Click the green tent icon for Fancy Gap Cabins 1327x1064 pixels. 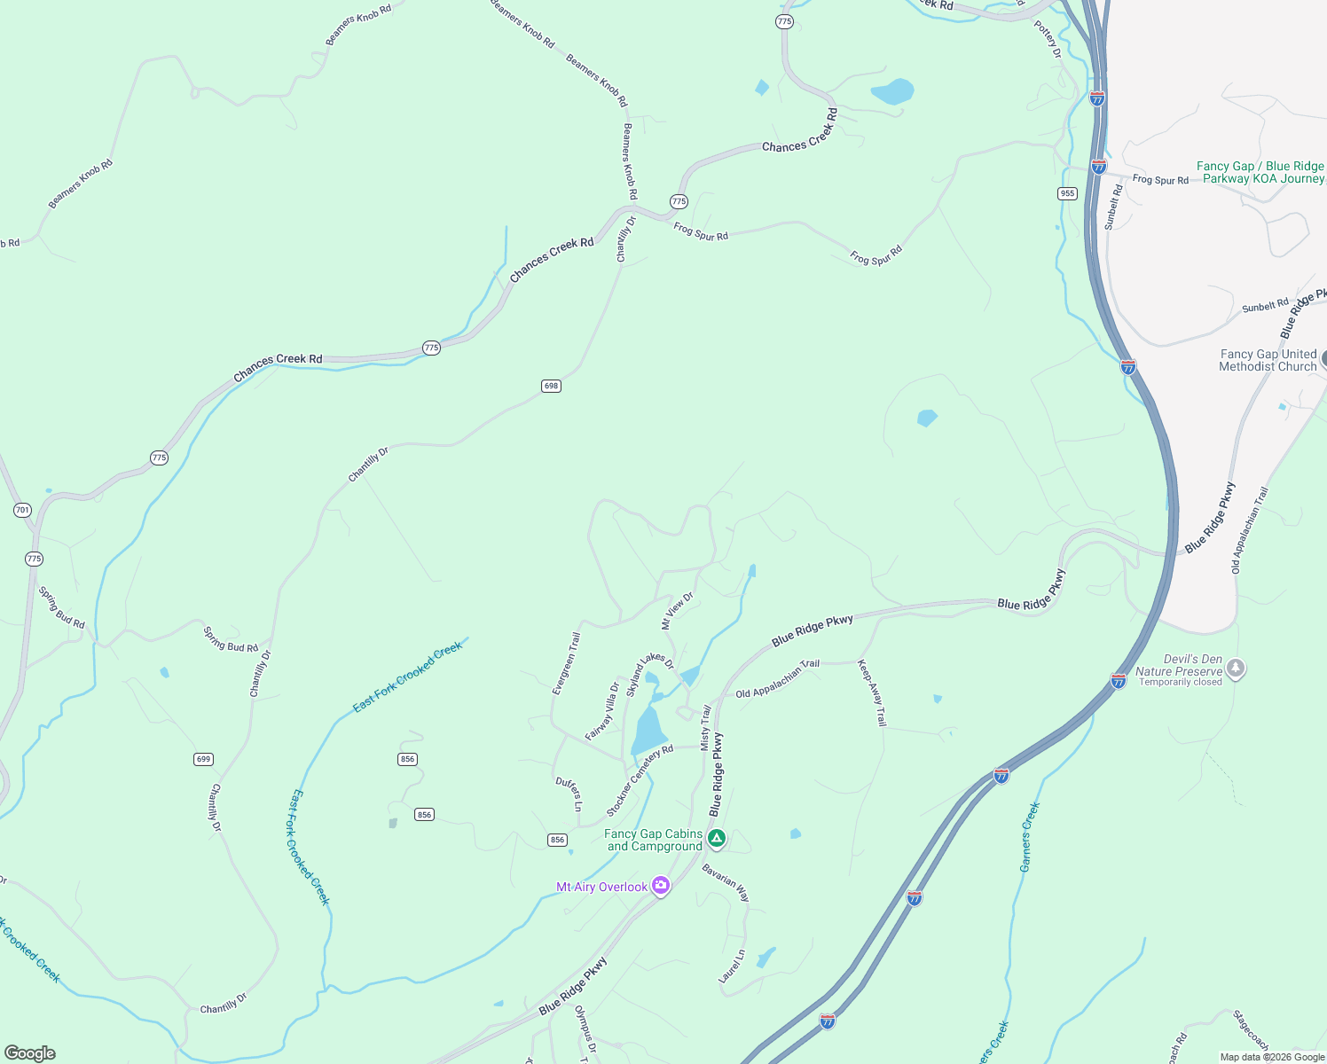tap(717, 838)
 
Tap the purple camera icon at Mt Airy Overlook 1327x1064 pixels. tap(660, 886)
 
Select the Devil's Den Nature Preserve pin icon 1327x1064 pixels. tap(1236, 669)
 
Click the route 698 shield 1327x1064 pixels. tap(551, 386)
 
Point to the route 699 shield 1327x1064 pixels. tap(203, 759)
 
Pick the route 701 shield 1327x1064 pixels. tap(22, 510)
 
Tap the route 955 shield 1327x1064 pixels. tap(1067, 193)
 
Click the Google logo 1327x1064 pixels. tap(29, 1052)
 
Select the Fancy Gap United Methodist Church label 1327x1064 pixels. tap(1268, 360)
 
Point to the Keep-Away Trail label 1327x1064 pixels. tap(872, 692)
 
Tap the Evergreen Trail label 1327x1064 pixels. tap(565, 663)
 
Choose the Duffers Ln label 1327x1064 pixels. tap(569, 794)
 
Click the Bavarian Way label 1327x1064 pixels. tap(726, 883)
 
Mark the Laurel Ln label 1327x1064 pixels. tap(732, 966)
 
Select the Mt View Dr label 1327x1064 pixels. tap(677, 611)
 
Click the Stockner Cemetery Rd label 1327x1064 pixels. tap(640, 780)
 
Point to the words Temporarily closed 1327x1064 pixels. tap(1180, 682)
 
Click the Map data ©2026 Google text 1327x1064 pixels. tap(1272, 1057)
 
